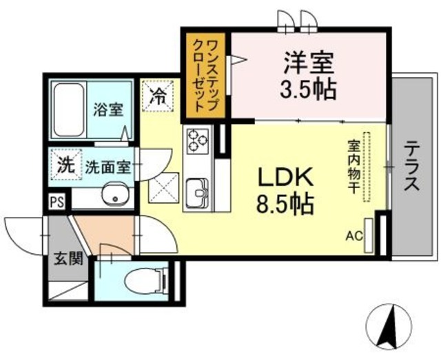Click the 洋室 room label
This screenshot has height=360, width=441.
tap(309, 64)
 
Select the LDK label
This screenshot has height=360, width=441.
tap(285, 177)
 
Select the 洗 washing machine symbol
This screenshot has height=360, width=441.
tap(64, 165)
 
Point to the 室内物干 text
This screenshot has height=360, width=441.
tap(353, 169)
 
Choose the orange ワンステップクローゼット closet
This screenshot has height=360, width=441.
tap(206, 76)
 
